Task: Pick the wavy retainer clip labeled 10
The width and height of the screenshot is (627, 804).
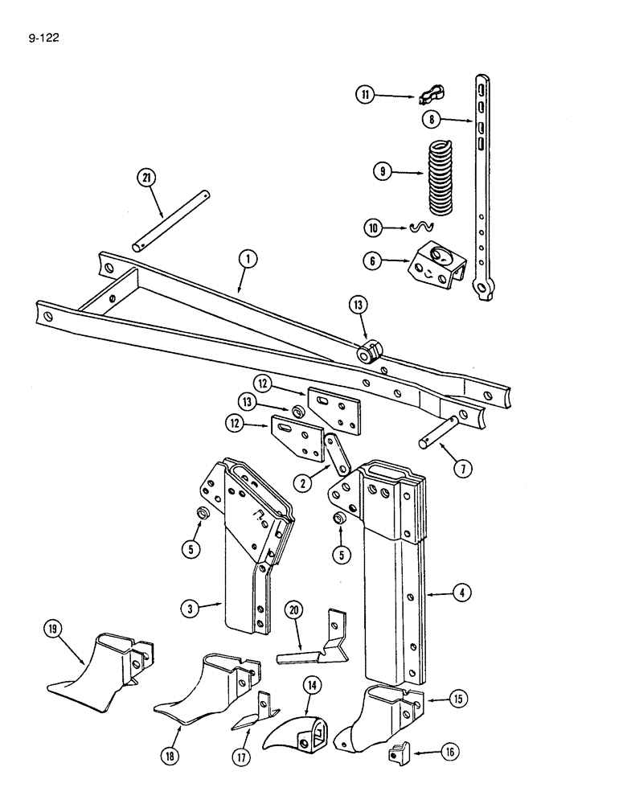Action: [421, 228]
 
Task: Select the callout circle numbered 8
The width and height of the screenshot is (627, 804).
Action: [432, 120]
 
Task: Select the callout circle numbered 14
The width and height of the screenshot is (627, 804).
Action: [310, 686]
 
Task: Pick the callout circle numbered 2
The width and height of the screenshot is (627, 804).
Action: [304, 483]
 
